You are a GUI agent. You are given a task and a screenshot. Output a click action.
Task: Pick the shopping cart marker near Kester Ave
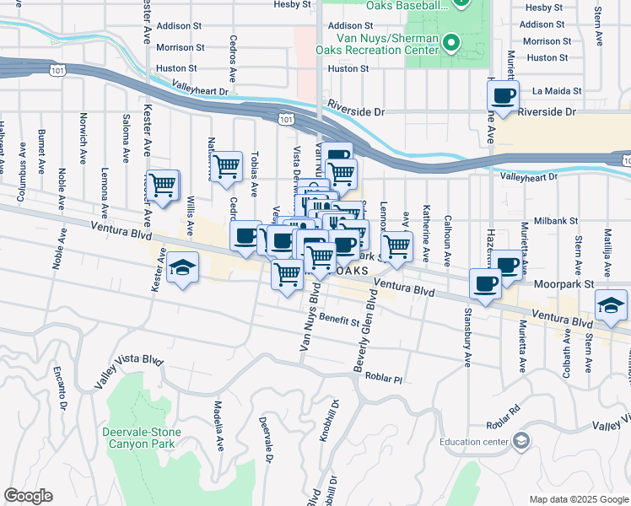coord(162,184)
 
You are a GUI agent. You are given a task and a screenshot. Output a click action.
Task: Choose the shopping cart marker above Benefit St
coord(288,272)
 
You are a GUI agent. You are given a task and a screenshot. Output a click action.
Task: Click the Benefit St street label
coord(339,320)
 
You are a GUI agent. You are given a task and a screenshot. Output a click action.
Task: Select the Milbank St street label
coord(560,220)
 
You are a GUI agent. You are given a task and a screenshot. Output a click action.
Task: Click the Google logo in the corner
coord(28,496)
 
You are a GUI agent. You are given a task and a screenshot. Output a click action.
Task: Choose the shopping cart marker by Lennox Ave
coord(395,245)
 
